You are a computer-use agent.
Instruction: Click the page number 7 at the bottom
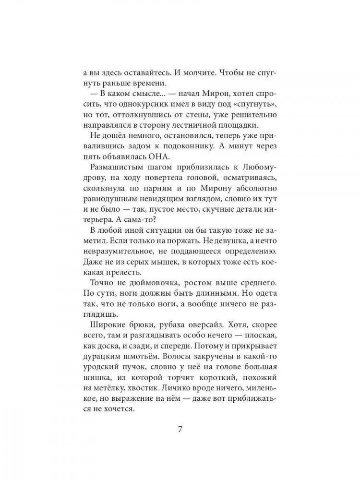point(180,429)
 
